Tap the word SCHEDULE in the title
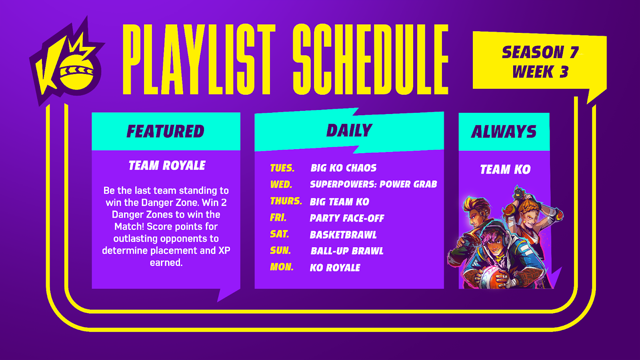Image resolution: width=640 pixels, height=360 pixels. coord(370,59)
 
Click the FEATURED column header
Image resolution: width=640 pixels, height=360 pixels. coord(166,131)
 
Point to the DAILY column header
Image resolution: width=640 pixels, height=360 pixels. coord(349,130)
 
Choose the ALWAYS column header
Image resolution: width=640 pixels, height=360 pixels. coord(504,132)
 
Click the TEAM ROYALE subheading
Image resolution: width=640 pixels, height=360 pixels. coord(167,166)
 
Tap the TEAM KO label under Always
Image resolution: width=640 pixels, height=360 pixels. coord(505,169)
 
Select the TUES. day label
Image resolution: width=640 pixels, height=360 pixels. coord(282,168)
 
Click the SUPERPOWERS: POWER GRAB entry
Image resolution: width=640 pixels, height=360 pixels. coord(374,184)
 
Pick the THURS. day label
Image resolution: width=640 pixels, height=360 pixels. coord(286,201)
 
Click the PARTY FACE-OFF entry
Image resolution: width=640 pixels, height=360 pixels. coord(347,218)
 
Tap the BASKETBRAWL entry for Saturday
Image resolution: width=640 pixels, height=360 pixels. coord(343,235)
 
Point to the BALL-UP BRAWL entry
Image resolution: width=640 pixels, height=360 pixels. coord(347,251)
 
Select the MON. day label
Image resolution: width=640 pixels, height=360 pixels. coord(282,267)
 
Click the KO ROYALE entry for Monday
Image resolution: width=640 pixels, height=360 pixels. coord(335,268)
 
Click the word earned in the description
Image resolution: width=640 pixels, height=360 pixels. coord(166,262)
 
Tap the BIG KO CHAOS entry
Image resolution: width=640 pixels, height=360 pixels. coord(344,168)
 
